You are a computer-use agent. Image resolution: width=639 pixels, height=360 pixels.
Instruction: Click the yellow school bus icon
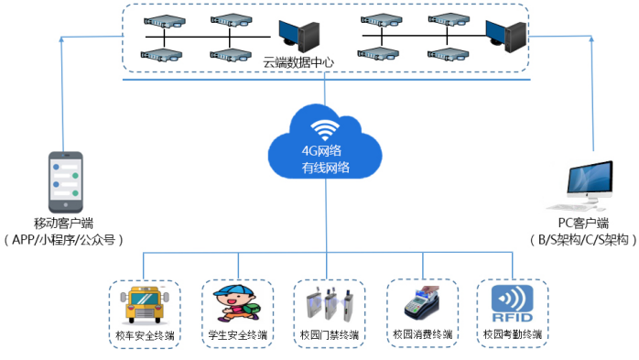[145, 305]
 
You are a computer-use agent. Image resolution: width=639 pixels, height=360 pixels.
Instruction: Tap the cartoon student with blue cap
[237, 303]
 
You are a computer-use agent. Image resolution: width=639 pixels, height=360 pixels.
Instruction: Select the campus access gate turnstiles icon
[330, 304]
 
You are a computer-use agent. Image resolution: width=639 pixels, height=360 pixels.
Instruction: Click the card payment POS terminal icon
[422, 303]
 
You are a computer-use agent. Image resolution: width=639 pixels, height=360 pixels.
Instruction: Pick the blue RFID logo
[513, 304]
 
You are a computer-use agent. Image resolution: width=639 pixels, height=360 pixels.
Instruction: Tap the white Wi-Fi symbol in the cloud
[325, 130]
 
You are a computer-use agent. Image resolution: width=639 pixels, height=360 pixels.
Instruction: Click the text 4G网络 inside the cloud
[321, 151]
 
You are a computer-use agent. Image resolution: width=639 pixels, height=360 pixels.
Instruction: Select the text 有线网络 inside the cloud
[325, 167]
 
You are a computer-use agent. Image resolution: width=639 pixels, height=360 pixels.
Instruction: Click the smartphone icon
[66, 182]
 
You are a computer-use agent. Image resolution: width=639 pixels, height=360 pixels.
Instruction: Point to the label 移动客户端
[63, 223]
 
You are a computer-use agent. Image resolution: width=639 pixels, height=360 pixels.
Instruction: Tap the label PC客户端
[583, 223]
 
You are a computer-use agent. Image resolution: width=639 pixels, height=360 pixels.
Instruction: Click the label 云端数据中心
[298, 62]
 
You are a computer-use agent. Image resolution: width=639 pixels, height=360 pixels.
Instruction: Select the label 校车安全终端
[145, 335]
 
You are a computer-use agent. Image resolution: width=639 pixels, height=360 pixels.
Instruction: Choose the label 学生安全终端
[238, 335]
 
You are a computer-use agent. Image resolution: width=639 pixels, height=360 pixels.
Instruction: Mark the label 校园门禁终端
[330, 335]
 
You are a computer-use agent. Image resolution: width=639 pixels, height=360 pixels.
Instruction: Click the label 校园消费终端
[423, 334]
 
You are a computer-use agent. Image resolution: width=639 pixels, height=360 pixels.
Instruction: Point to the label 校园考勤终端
[513, 334]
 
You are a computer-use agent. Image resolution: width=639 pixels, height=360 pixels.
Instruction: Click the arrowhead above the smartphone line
[61, 39]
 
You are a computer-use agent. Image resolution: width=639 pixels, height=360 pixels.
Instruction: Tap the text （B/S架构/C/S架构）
[583, 240]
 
